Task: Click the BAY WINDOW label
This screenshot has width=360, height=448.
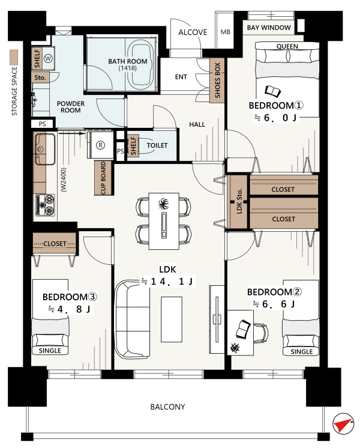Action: coord(269,28)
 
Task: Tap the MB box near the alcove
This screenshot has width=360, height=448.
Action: coord(225,31)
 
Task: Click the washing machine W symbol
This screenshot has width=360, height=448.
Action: coord(48,59)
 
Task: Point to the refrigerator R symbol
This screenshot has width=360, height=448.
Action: coord(100,145)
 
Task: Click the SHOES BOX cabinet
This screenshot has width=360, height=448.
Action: coord(217,80)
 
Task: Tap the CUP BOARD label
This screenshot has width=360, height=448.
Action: coord(103,178)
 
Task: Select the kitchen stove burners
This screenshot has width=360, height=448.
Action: coord(46,205)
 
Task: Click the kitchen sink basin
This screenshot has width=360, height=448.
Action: coord(45,149)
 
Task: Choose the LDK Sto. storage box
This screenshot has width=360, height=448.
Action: coord(238,202)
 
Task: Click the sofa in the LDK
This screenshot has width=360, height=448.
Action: coord(132,319)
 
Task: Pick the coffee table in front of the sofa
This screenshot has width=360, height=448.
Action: coord(172,319)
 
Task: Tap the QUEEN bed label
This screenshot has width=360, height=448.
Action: coord(287,46)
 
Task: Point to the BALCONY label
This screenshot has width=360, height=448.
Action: coord(167,407)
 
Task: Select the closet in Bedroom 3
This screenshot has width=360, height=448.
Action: coord(55,243)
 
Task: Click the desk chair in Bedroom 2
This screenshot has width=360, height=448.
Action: coord(260,333)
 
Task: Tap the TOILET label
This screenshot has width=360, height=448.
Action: coord(157,145)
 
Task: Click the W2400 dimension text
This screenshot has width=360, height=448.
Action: coord(64,180)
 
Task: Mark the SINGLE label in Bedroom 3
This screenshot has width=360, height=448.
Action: coord(50,351)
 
